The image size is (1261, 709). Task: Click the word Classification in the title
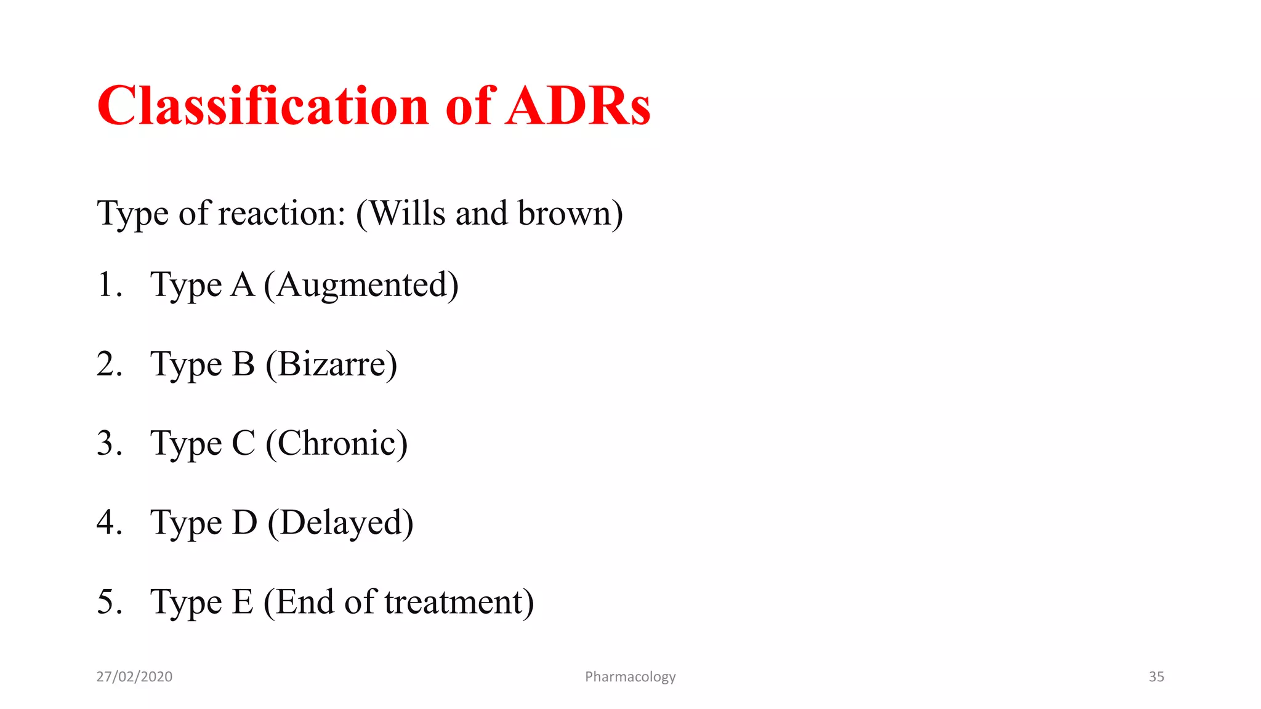pyautogui.click(x=262, y=106)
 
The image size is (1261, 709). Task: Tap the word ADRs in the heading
pyautogui.click(x=578, y=106)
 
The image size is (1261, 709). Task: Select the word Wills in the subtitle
pyautogui.click(x=408, y=214)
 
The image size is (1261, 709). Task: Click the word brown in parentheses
pyautogui.click(x=565, y=214)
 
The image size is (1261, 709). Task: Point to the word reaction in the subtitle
pyautogui.click(x=282, y=214)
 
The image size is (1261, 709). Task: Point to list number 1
pyautogui.click(x=109, y=285)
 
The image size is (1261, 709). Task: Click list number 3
pyautogui.click(x=109, y=443)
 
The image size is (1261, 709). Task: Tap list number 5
pyautogui.click(x=109, y=602)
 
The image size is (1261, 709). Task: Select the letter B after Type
pyautogui.click(x=243, y=364)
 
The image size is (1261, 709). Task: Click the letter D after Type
pyautogui.click(x=244, y=523)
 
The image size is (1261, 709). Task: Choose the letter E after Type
pyautogui.click(x=242, y=602)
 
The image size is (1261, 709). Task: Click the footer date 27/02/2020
pyautogui.click(x=134, y=677)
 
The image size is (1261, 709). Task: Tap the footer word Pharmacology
pyautogui.click(x=630, y=677)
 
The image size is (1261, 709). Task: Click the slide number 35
pyautogui.click(x=1156, y=677)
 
